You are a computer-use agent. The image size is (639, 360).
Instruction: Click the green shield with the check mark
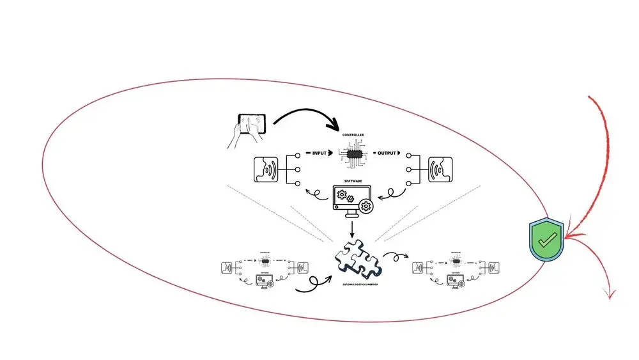click(x=546, y=240)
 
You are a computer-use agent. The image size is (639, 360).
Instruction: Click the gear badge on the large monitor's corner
click(x=367, y=206)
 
